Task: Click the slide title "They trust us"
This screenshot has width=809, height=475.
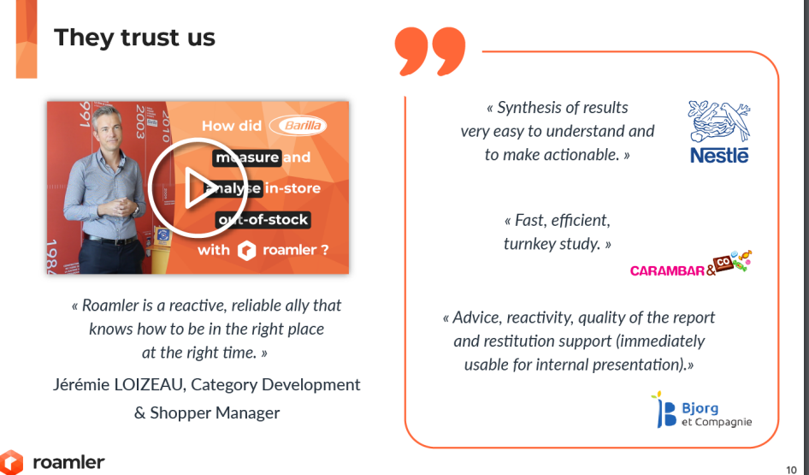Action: [134, 38]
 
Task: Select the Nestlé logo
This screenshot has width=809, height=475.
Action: [719, 132]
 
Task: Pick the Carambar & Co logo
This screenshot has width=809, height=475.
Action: [691, 264]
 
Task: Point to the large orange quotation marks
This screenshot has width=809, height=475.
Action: [430, 51]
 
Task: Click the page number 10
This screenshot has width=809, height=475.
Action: [791, 469]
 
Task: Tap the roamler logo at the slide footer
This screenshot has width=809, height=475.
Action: [53, 461]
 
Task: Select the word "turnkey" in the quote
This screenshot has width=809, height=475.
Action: [532, 244]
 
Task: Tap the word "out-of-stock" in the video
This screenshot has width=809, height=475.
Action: [263, 219]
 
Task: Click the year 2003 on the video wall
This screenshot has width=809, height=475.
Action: [139, 122]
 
